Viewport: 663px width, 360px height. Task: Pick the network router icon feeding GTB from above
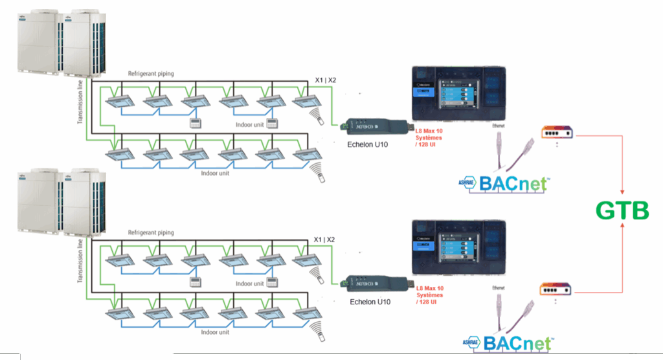pyautogui.click(x=557, y=131)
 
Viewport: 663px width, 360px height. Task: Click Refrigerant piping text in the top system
pyautogui.click(x=151, y=74)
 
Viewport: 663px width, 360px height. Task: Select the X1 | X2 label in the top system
pyautogui.click(x=325, y=80)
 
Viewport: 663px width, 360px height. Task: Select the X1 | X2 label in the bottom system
pyautogui.click(x=325, y=240)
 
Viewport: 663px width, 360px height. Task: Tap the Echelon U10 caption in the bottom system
pyautogui.click(x=368, y=302)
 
